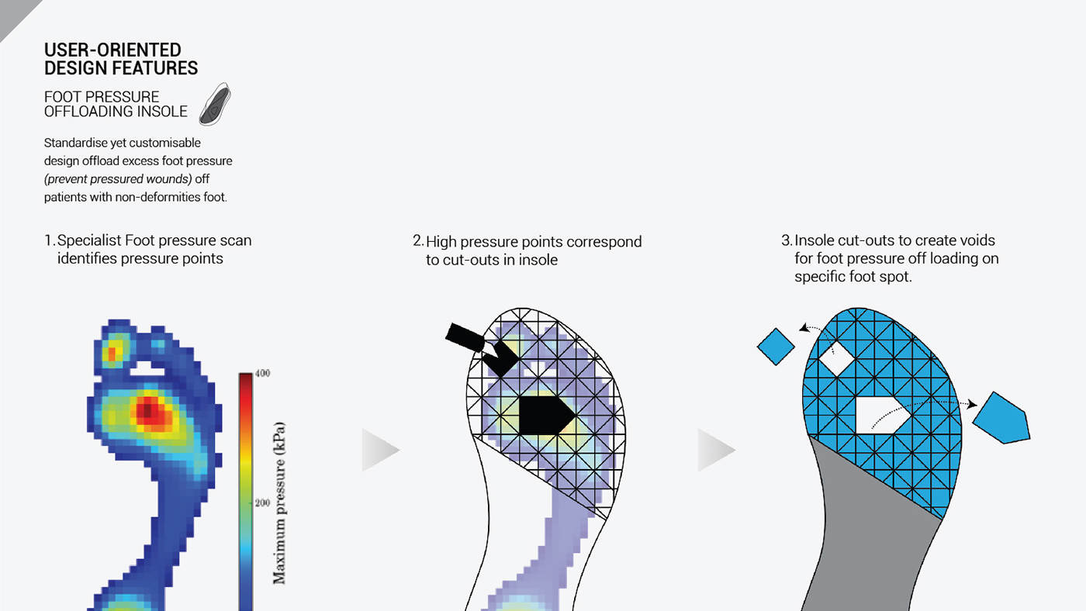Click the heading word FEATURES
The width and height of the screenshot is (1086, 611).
coord(154,68)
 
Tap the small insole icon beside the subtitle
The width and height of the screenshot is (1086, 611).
coord(215,105)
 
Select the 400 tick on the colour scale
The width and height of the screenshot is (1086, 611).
coord(261,374)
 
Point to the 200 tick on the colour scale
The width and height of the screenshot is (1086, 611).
coord(261,502)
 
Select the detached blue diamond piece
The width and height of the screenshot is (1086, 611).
coord(775,346)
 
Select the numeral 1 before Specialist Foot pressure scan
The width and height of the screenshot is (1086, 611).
coord(48,241)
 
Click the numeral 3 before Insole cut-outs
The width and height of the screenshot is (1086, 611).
coord(785,241)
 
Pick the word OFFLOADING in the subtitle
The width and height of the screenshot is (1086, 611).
coord(85,112)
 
